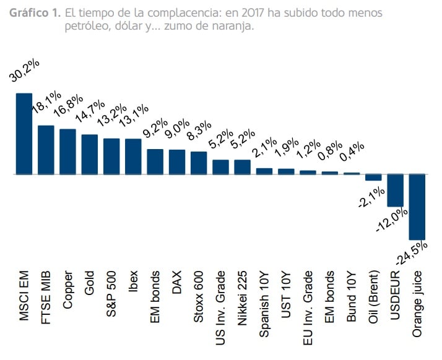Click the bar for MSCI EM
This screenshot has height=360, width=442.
(x=24, y=134)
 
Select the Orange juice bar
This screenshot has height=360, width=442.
(x=417, y=207)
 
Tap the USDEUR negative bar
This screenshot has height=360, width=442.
(x=395, y=191)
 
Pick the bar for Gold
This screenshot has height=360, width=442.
(x=90, y=154)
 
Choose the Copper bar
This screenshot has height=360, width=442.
(x=67, y=152)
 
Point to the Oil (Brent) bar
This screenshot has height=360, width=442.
(x=373, y=178)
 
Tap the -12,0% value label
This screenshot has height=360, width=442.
(x=391, y=220)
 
